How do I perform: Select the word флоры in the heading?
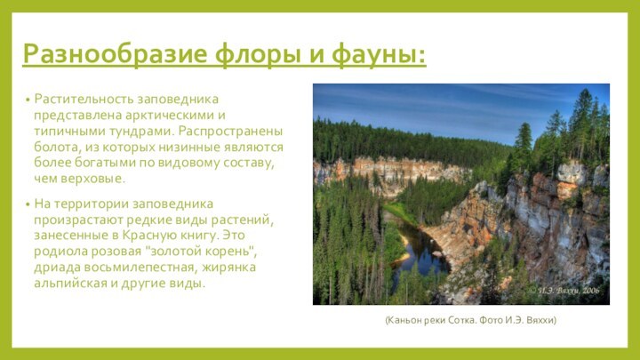coord(258,55)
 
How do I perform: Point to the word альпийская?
coord(70,284)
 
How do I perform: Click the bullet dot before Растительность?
coord(28,99)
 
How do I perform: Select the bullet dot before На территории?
coord(28,204)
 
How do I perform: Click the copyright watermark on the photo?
coord(564,290)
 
